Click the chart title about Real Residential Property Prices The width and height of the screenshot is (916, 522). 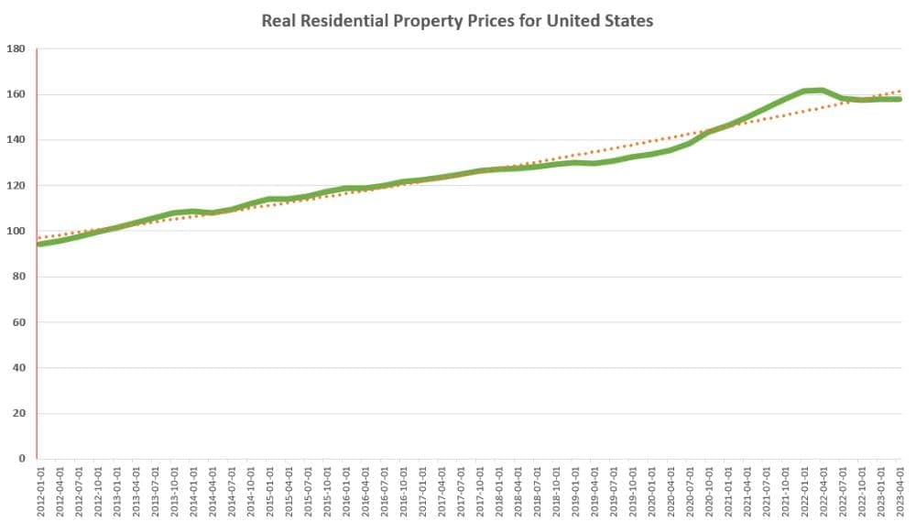[x=457, y=20]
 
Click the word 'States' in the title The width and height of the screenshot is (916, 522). [x=627, y=20]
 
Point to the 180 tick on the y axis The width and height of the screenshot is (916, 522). [x=15, y=49]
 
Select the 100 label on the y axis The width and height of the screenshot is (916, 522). [x=15, y=231]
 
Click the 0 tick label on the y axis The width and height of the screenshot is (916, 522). [x=20, y=459]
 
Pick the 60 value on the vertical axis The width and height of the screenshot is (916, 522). [x=17, y=322]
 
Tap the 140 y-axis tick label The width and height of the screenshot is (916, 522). [x=15, y=140]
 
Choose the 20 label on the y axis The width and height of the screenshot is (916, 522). [x=17, y=413]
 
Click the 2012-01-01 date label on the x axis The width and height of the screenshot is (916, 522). [x=40, y=492]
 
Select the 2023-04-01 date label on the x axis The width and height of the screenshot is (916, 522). [x=900, y=492]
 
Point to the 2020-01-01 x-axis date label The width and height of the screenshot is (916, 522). [x=651, y=492]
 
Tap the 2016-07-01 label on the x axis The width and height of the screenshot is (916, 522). [x=384, y=492]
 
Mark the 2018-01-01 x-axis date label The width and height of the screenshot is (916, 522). [x=498, y=492]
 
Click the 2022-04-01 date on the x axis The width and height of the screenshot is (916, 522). [x=823, y=492]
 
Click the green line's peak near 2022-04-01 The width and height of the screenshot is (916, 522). [x=823, y=90]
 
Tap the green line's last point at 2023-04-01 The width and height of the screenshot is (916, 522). [x=899, y=99]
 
